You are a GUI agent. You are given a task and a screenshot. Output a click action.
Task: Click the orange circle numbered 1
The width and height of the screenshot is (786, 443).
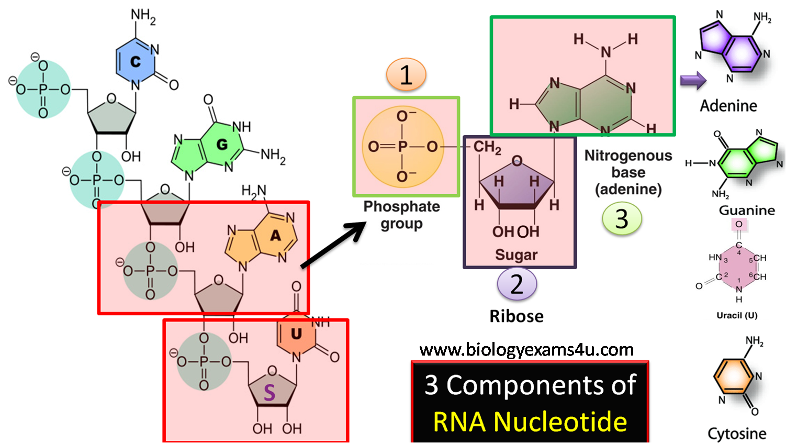click(406, 75)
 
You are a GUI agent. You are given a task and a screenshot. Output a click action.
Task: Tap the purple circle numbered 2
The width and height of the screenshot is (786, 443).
click(516, 284)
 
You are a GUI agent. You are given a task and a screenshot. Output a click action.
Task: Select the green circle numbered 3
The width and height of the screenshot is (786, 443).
click(622, 218)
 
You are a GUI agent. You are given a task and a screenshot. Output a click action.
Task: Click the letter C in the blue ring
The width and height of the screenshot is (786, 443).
click(136, 62)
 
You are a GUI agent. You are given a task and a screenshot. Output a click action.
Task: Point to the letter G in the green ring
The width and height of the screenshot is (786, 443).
click(222, 144)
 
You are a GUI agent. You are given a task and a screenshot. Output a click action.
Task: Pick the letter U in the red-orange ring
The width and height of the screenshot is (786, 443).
click(296, 334)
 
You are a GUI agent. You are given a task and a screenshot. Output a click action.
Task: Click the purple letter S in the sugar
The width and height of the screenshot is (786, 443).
click(270, 393)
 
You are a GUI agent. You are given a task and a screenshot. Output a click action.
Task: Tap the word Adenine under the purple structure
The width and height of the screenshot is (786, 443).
click(728, 106)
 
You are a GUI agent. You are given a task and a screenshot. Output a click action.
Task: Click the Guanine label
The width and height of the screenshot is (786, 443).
click(747, 211)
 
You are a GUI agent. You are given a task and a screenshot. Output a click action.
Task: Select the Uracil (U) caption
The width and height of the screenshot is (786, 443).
click(737, 315)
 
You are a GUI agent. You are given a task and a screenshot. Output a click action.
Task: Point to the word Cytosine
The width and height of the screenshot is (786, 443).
click(737, 434)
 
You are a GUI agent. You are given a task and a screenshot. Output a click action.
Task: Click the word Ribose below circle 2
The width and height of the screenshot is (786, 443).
click(516, 316)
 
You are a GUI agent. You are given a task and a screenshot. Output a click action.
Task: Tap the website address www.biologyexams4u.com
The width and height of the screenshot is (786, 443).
click(526, 349)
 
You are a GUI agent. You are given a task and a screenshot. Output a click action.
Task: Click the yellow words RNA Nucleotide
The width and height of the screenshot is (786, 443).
click(530, 422)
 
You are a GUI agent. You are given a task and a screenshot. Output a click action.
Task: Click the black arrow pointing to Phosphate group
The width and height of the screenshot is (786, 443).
click(333, 245)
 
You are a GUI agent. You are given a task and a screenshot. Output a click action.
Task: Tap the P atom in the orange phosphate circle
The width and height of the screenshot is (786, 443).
click(402, 147)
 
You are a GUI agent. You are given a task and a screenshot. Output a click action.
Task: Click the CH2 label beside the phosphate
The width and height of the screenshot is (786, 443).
click(487, 147)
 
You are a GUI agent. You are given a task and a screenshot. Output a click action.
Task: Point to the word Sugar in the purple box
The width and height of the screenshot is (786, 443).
click(516, 255)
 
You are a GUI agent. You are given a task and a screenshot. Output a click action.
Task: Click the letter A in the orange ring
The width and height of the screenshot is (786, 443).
click(275, 236)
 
